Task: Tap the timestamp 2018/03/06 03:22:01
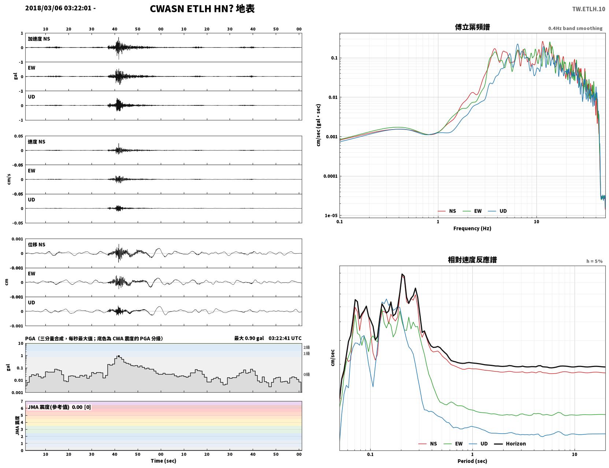58,8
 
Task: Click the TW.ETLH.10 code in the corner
588,9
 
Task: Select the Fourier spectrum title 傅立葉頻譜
472,27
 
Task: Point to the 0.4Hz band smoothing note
575,28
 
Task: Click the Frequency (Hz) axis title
472,228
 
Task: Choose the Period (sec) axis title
472,461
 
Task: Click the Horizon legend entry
510,443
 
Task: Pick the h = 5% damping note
594,261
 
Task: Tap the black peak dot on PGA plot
119,356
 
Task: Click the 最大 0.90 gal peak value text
249,338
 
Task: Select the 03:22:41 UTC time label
285,338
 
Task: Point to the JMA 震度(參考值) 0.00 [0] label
59,407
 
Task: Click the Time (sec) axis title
163,461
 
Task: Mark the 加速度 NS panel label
39,39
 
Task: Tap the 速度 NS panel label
36,142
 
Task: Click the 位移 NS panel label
36,245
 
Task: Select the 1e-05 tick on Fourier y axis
331,216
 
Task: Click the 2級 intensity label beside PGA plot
307,347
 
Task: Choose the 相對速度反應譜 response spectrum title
472,260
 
